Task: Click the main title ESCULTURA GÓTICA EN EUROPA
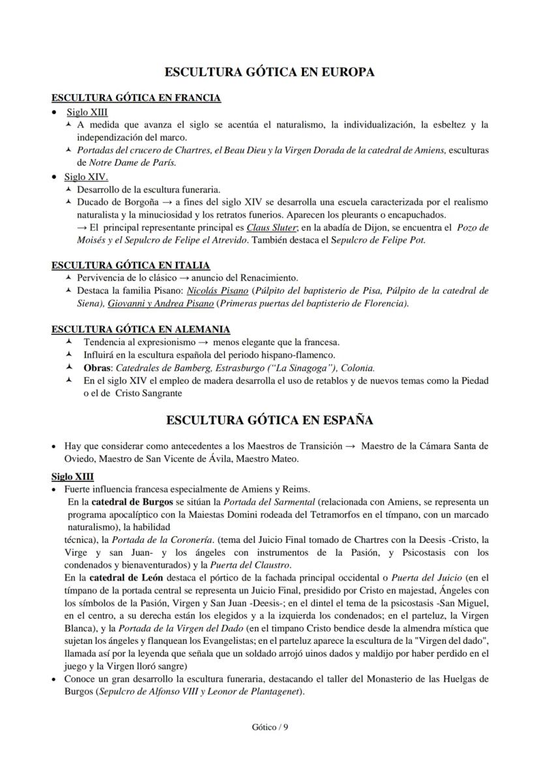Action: [269, 72]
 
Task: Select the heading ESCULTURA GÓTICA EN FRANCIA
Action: [136, 98]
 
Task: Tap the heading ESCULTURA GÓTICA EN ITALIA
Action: [130, 265]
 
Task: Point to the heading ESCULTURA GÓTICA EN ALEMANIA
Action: [140, 329]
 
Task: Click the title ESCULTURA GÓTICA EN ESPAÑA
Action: [269, 420]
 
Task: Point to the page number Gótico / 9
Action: [269, 728]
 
